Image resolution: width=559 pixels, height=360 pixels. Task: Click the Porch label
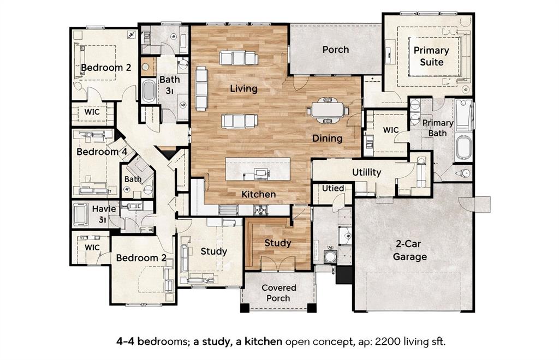tap(335, 50)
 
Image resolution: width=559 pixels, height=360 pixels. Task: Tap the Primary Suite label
tap(431, 56)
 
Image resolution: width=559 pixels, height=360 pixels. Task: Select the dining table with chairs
tap(328, 110)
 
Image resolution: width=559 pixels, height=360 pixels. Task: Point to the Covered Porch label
tap(278, 293)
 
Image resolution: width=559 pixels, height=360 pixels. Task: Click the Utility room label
tap(366, 172)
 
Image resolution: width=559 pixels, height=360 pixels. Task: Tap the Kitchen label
tap(259, 194)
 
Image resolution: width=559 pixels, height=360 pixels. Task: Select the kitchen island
tap(258, 170)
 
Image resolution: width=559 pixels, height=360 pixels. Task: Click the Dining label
tap(327, 139)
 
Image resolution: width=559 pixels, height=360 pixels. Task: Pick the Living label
tap(243, 88)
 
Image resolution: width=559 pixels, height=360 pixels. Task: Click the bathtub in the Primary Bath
tap(463, 147)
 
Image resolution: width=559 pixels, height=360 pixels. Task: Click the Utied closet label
tap(333, 188)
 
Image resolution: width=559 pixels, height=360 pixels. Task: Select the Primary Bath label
tap(437, 128)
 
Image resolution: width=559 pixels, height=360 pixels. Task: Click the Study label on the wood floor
tap(278, 243)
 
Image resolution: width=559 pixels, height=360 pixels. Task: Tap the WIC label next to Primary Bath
tap(391, 130)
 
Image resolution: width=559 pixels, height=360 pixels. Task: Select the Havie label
tap(103, 208)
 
